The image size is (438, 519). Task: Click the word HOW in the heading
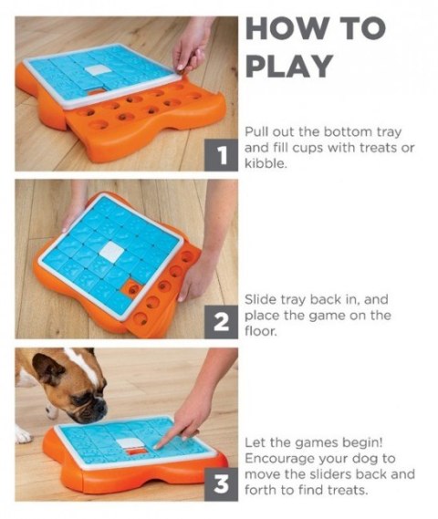[287, 28]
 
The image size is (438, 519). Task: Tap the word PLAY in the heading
[289, 66]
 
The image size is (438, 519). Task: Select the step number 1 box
[221, 155]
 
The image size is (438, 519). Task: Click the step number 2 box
[221, 322]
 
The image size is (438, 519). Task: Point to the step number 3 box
[221, 484]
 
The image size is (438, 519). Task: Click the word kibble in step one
[265, 163]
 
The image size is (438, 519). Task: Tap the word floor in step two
[261, 331]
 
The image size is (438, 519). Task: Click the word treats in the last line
[348, 490]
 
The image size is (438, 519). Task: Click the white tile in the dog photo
[130, 443]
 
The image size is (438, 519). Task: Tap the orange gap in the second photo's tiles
[131, 287]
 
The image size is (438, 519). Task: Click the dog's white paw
[23, 434]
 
